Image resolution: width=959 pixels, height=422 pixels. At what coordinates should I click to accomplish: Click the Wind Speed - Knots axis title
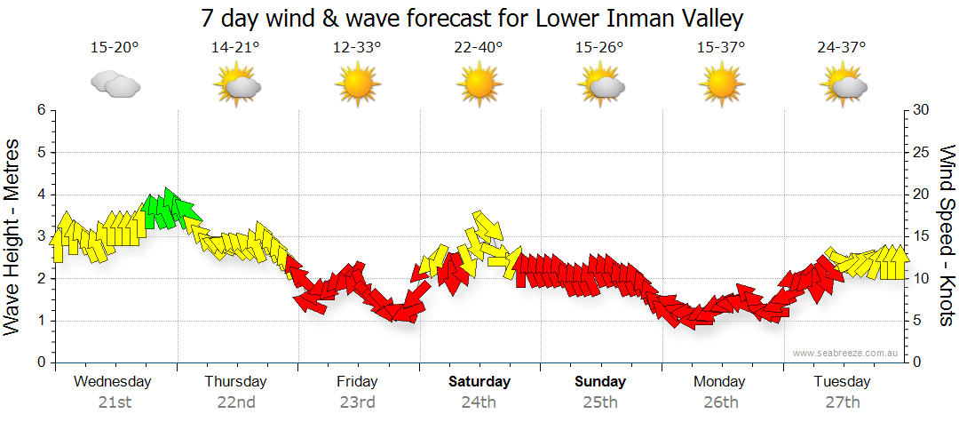pos(946,235)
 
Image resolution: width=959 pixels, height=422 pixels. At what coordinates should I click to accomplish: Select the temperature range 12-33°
pos(357,49)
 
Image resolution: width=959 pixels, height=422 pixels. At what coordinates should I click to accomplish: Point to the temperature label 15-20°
pos(115,49)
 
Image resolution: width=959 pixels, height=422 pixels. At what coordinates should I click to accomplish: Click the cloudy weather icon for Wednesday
pos(115,85)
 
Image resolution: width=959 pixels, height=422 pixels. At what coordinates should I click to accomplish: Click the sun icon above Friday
pos(357,85)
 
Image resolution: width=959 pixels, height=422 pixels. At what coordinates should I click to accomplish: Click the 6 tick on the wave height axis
pos(41,110)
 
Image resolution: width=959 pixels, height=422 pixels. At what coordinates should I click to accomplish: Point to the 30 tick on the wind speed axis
pos(921,110)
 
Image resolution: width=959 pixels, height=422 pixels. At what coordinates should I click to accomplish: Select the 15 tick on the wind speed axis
pos(921,236)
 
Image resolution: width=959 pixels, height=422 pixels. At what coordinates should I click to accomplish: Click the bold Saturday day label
pos(479,382)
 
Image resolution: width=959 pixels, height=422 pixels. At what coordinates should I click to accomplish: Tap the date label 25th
pos(600,402)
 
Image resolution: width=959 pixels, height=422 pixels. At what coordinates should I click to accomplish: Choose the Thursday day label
pos(235,382)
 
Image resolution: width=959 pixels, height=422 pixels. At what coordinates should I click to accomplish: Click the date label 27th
pos(843,402)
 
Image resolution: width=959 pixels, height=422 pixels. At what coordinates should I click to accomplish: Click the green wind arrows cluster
pos(165,210)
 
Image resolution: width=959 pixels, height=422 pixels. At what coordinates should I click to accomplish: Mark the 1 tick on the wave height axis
pos(41,321)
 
